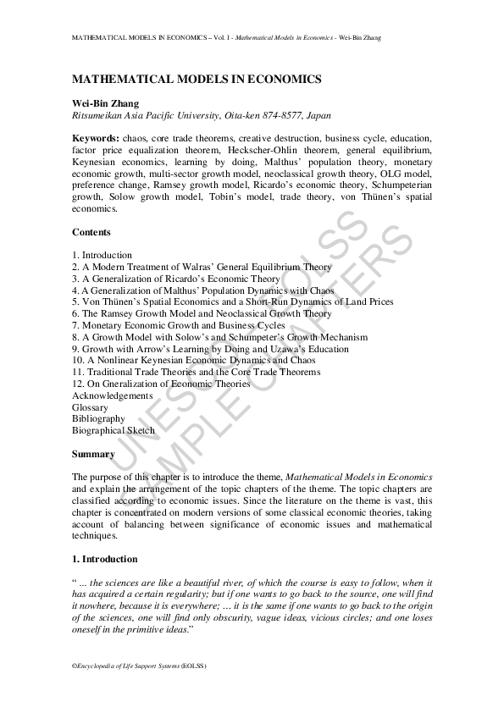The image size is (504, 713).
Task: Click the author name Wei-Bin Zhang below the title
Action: click(x=106, y=102)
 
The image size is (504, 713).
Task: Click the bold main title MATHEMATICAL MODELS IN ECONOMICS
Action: click(x=197, y=79)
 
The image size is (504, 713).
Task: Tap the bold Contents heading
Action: click(x=91, y=232)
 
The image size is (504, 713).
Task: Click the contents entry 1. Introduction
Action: click(x=102, y=255)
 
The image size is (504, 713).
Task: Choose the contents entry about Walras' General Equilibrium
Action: click(x=202, y=267)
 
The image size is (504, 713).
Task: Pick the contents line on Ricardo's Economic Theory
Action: click(x=176, y=279)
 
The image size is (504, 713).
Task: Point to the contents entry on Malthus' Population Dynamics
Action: click(x=203, y=290)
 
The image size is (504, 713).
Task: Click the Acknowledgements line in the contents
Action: click(x=113, y=395)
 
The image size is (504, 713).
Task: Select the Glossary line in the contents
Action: click(x=90, y=407)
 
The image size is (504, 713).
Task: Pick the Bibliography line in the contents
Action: click(x=98, y=418)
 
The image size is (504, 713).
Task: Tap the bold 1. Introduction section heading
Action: click(x=105, y=559)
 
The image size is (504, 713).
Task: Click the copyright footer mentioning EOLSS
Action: click(x=139, y=666)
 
